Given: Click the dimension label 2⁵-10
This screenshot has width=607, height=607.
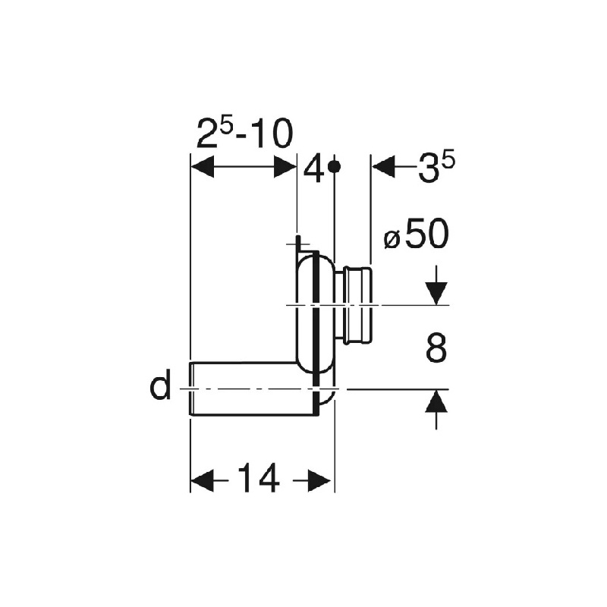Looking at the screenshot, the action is [244, 134].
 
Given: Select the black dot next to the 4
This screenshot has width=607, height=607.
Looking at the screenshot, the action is [334, 166].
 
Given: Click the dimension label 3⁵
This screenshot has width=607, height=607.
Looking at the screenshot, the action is [436, 168].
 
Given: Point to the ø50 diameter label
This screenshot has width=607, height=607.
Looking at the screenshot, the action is [417, 234].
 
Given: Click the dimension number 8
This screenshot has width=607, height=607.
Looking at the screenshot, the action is [436, 348].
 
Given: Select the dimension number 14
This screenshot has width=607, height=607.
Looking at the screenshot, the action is [258, 479].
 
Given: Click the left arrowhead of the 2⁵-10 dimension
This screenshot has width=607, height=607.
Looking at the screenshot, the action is [203, 167].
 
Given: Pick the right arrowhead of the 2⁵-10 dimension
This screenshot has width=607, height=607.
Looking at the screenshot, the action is [285, 167].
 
